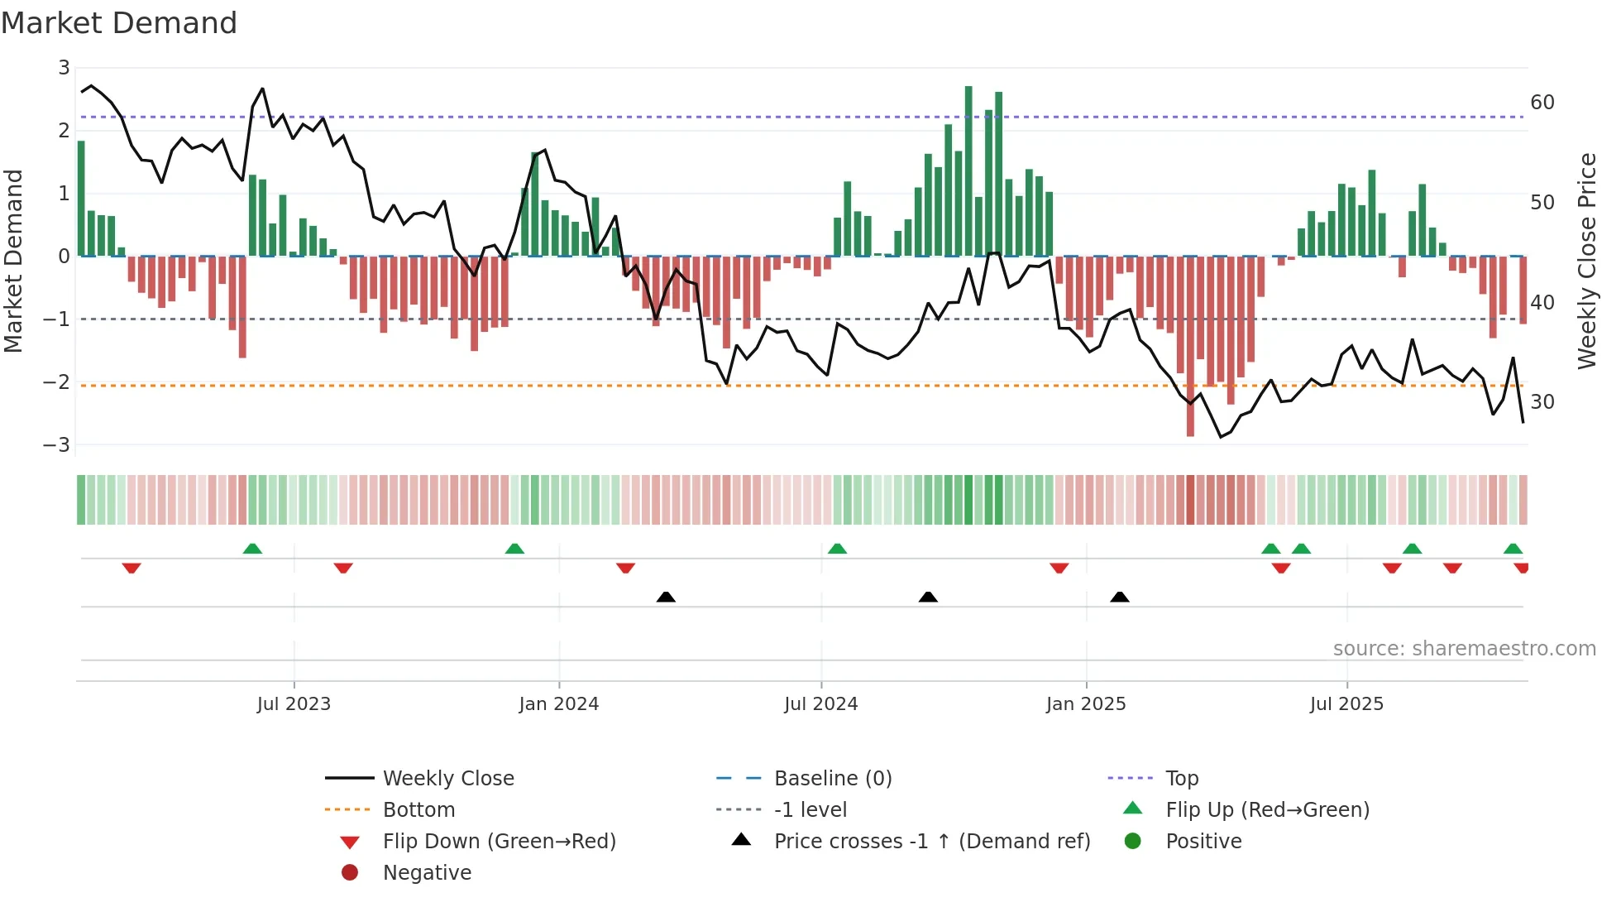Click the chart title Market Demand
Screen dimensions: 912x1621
click(119, 23)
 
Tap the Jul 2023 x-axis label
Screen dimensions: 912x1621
click(294, 704)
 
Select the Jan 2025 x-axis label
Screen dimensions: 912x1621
click(1085, 704)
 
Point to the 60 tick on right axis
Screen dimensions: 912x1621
click(1542, 103)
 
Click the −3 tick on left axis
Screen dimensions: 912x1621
click(57, 445)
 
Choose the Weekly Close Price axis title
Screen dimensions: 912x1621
click(1586, 261)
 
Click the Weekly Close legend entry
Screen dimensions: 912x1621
click(447, 779)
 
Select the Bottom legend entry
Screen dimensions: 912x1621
click(418, 810)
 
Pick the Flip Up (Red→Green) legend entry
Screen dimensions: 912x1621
click(1267, 810)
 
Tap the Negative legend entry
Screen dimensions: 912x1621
click(427, 873)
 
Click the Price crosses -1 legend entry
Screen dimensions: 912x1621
click(931, 842)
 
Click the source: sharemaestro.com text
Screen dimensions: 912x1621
click(1464, 649)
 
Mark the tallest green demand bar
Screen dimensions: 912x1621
click(968, 170)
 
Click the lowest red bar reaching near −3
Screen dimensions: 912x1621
click(1190, 348)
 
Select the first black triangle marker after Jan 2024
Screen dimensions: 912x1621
click(666, 597)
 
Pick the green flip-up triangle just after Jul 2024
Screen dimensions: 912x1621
click(837, 549)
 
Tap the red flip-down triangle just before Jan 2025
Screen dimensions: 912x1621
click(1059, 568)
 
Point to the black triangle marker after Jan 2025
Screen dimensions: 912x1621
click(1120, 597)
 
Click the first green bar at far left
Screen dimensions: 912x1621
click(81, 199)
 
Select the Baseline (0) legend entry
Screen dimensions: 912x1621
click(832, 779)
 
